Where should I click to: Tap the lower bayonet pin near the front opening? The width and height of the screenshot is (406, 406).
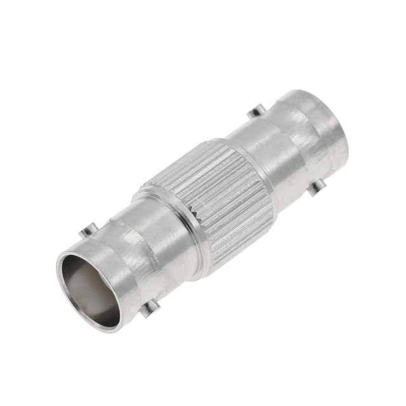(150, 309)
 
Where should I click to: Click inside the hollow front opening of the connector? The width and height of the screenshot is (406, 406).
(89, 289)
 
